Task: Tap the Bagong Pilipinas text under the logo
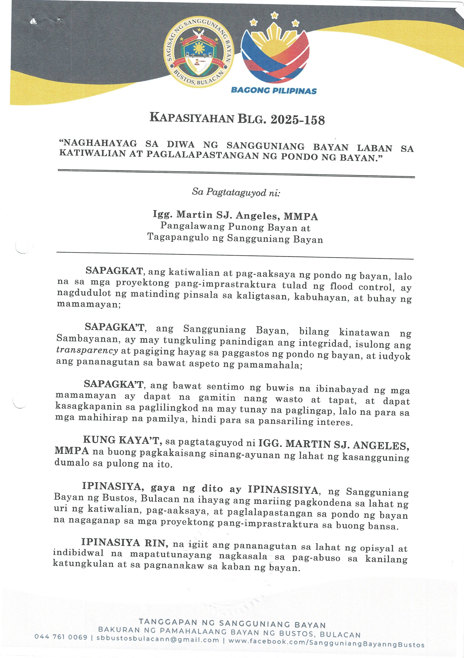(x=273, y=91)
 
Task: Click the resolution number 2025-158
(x=297, y=120)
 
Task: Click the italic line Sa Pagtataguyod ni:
(x=236, y=192)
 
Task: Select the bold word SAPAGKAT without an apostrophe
(x=114, y=270)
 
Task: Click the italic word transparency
(x=87, y=350)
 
